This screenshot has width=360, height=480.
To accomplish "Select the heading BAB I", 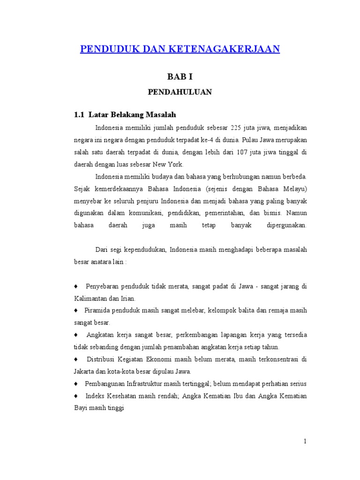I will [180, 76].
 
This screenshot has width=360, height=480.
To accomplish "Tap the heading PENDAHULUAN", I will [180, 92].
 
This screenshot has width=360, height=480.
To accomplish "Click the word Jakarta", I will [84, 371].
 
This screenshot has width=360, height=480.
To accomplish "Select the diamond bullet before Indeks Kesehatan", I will [76, 396].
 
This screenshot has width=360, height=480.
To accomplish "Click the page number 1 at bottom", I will [304, 441].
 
